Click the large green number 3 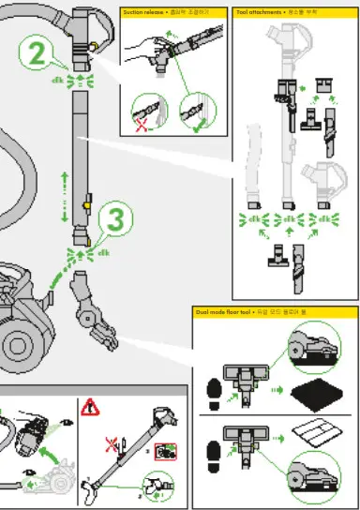click(x=114, y=221)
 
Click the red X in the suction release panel click(x=142, y=125)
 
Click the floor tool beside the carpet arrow click(x=250, y=379)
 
